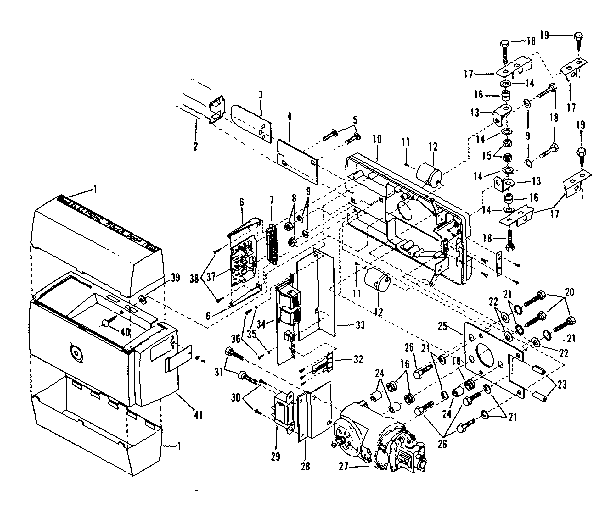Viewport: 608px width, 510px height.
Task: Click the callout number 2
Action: point(195,146)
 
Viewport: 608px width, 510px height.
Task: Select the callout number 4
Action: point(289,117)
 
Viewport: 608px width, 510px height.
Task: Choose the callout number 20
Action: point(571,290)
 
